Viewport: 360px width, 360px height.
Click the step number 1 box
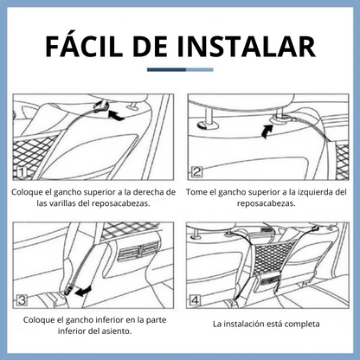pos(21,173)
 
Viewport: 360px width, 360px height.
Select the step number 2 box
pos(196,172)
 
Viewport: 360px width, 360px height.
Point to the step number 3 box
pos(22,300)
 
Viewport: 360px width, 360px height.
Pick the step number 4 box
pos(195,300)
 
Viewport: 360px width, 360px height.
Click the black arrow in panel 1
pos(116,116)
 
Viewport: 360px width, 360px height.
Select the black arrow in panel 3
pos(83,291)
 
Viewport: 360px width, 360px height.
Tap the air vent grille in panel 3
pos(138,249)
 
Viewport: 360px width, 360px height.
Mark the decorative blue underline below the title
pos(180,69)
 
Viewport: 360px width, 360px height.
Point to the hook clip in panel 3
pos(67,289)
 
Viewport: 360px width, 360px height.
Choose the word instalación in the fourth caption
pos(243,324)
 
